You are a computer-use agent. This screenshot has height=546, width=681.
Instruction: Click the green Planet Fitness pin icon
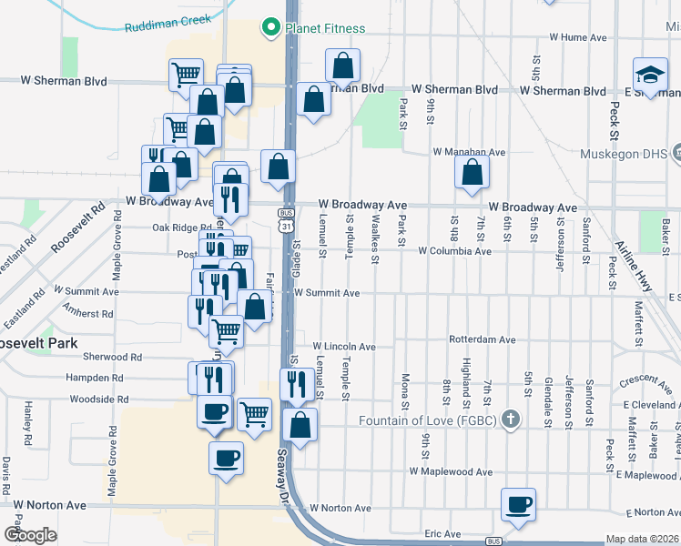[x=269, y=29]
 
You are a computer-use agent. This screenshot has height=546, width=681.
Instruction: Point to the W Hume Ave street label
[x=572, y=37]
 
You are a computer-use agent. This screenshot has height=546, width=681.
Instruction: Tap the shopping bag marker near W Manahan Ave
[x=472, y=173]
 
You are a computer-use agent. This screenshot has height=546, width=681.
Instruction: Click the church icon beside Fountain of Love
[x=511, y=420]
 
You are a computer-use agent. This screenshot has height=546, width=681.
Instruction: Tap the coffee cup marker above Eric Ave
[x=518, y=505]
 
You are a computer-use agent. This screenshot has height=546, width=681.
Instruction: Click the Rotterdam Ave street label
[x=483, y=339]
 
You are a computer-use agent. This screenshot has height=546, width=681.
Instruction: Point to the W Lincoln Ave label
[x=344, y=347]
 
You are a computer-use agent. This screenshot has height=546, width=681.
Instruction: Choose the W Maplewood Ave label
[x=451, y=472]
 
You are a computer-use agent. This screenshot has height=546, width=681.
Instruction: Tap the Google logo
[x=30, y=535]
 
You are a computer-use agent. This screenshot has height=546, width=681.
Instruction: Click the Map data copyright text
[x=643, y=539]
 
